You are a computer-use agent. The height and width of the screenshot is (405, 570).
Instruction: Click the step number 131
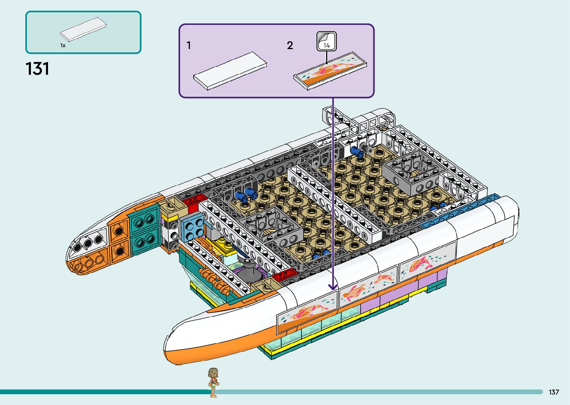click(37, 69)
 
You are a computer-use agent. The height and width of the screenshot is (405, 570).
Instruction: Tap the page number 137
click(554, 392)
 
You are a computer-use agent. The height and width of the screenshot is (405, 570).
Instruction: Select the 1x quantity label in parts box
click(63, 45)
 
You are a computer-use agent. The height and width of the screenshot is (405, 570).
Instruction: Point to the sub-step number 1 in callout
click(189, 45)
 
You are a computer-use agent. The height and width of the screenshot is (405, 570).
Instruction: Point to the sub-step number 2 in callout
click(290, 45)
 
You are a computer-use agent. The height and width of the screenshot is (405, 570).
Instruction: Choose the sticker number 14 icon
click(327, 41)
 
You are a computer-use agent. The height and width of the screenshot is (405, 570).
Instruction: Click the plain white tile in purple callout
click(230, 70)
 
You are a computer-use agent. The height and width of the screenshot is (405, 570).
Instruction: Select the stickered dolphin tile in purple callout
click(330, 70)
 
